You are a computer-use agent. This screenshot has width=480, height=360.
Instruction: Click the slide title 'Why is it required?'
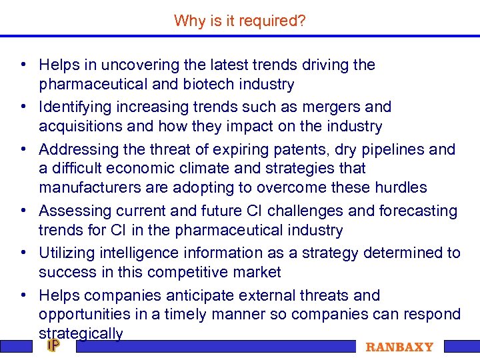[240, 21]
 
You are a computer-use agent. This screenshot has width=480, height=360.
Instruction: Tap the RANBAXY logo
[399, 347]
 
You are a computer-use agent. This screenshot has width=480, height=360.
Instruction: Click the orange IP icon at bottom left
[53, 345]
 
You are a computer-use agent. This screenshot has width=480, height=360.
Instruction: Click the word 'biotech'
[213, 85]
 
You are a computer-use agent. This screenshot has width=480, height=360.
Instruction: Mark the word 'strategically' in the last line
[81, 333]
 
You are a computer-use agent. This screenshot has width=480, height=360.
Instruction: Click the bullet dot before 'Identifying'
[23, 107]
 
